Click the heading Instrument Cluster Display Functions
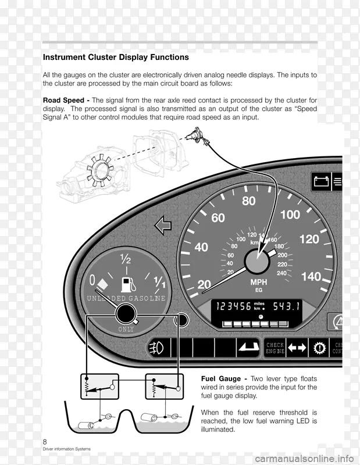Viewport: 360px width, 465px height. pyautogui.click(x=116, y=58)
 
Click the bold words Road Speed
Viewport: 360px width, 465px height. pyautogui.click(x=64, y=100)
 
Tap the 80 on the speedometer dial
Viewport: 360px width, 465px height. pyautogui.click(x=248, y=201)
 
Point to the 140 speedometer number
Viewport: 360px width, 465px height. pyautogui.click(x=311, y=277)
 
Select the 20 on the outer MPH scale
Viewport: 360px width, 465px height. pyautogui.click(x=204, y=285)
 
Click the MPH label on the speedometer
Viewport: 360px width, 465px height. pyautogui.click(x=258, y=282)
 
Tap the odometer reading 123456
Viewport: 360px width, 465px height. pyautogui.click(x=233, y=306)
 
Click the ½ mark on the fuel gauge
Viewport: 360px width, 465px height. pyautogui.click(x=125, y=257)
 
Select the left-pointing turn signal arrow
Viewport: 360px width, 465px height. pyautogui.click(x=163, y=225)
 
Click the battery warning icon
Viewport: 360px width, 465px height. pyautogui.click(x=321, y=181)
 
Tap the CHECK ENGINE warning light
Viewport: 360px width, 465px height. pyautogui.click(x=275, y=348)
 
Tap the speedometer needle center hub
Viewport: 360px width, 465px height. pyautogui.click(x=256, y=261)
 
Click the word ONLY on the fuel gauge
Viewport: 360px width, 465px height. pyautogui.click(x=126, y=329)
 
